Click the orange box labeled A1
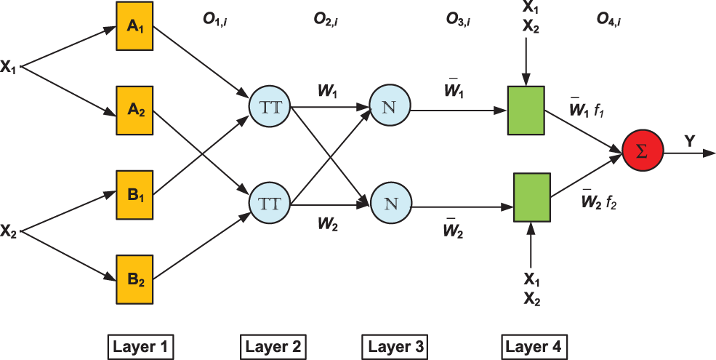click(134, 27)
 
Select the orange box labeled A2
click(134, 110)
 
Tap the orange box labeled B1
click(134, 195)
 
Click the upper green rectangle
click(526, 110)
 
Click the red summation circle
click(643, 152)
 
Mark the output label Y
click(688, 141)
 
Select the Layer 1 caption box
click(142, 345)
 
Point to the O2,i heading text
click(326, 20)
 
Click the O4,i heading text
click(608, 20)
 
